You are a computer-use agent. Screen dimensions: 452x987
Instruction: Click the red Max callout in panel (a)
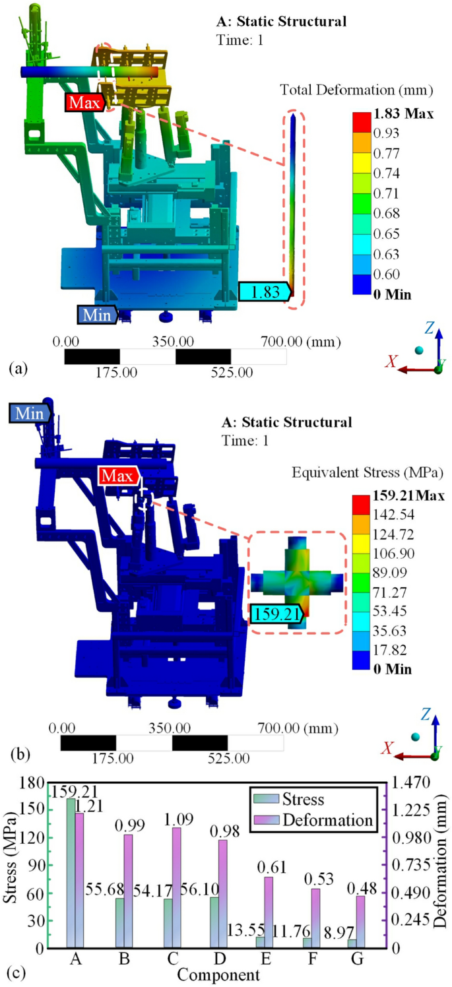click(x=85, y=102)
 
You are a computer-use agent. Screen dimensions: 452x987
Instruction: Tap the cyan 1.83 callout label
click(x=265, y=292)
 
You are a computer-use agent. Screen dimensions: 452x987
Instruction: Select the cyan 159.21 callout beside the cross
click(x=277, y=614)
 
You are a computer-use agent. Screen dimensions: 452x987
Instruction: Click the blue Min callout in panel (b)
click(x=30, y=413)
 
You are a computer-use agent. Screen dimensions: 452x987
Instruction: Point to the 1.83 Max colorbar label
click(x=404, y=113)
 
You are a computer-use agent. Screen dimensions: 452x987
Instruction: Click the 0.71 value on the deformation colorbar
click(x=387, y=193)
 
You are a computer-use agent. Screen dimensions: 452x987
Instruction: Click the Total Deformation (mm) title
click(x=357, y=90)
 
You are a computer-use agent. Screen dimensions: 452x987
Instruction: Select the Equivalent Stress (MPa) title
click(x=368, y=473)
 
